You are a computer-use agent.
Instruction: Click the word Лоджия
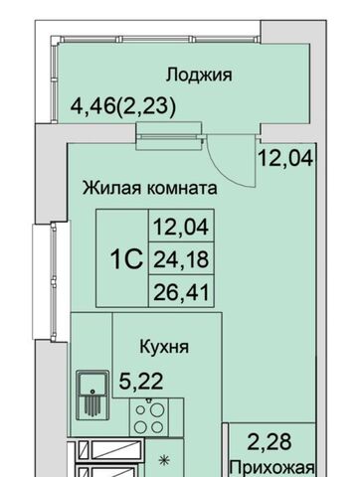pos(199,76)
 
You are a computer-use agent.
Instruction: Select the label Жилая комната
pos(150,188)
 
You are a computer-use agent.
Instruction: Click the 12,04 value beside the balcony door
pos(285,158)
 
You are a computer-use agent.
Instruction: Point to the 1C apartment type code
pos(126,259)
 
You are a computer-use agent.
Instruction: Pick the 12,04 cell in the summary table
pos(181,227)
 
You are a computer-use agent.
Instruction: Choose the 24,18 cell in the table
pos(181,258)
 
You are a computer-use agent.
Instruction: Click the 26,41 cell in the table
pos(181,292)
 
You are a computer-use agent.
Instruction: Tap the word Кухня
pos(164,347)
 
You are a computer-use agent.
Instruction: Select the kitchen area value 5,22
pos(141,382)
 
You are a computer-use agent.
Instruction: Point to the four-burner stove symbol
pos(148,417)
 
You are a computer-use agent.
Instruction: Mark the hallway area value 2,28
pos(270,442)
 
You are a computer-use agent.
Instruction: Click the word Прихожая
pos(272,468)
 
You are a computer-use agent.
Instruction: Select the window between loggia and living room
pos(169,136)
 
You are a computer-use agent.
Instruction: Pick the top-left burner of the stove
pos(141,409)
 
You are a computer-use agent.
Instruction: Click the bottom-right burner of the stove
pos(157,427)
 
